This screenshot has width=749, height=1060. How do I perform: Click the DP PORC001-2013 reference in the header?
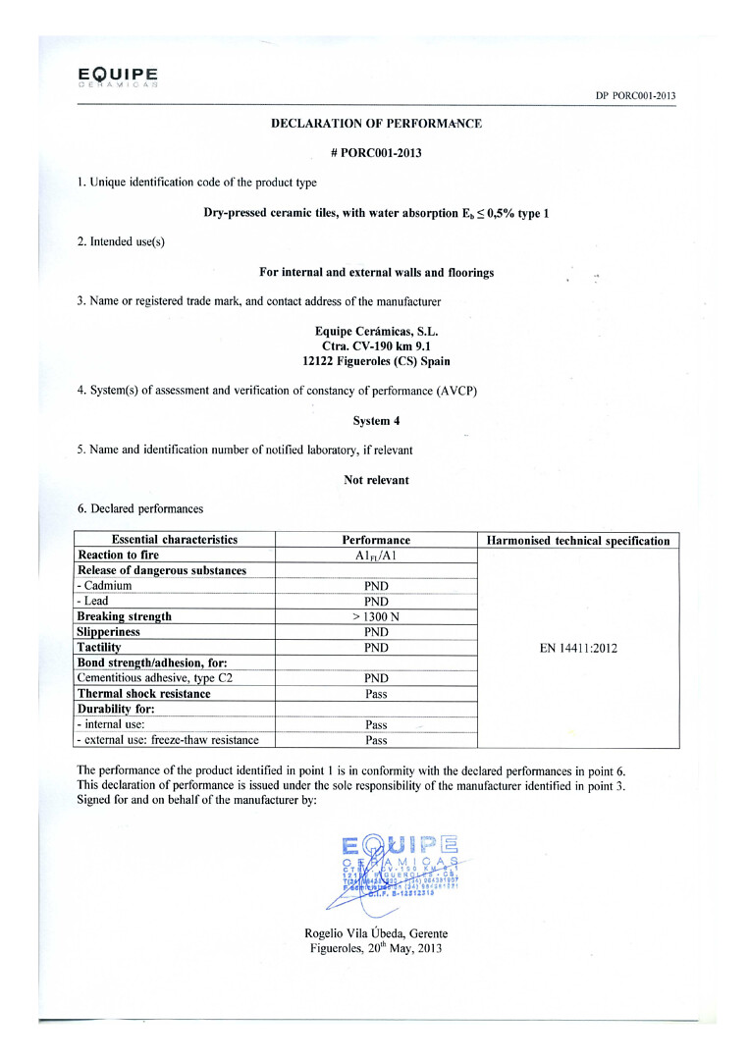(x=635, y=95)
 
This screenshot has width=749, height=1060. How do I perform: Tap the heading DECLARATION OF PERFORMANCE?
(x=376, y=124)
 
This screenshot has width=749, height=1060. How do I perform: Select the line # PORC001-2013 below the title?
(x=376, y=153)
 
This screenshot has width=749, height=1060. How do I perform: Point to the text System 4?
(x=376, y=420)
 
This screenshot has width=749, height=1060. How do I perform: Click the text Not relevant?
(x=376, y=480)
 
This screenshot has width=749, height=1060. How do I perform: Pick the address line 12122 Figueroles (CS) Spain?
(x=376, y=360)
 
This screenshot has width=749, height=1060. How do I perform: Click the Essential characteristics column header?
(x=175, y=540)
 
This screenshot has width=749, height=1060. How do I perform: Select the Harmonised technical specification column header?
(x=578, y=541)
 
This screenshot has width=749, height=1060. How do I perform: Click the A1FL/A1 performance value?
(x=376, y=556)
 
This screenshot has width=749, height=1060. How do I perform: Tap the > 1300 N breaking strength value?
(x=376, y=616)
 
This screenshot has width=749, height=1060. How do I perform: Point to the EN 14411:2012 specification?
(x=578, y=648)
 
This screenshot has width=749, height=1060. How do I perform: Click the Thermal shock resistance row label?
(x=143, y=694)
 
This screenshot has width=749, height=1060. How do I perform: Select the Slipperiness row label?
(x=113, y=632)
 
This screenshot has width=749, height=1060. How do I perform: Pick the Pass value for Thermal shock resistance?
(x=376, y=694)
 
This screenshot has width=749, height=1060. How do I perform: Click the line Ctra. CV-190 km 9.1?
(x=376, y=345)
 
